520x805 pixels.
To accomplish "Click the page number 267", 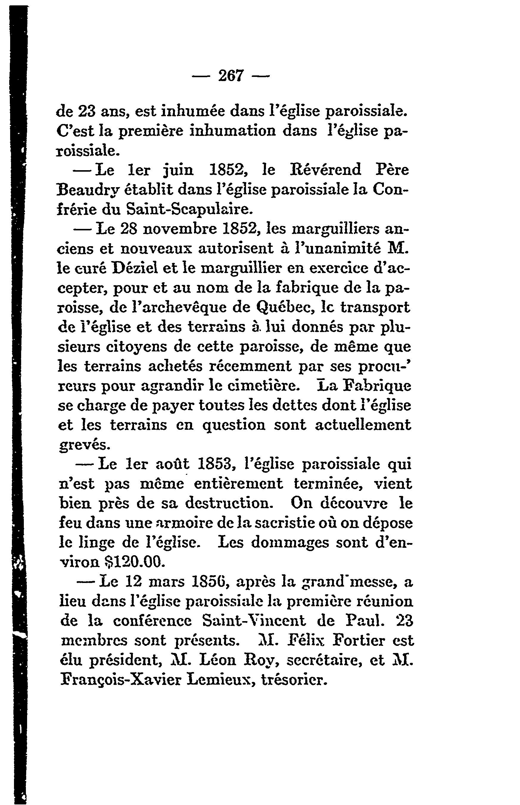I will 231,75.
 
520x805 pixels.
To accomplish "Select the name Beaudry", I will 88,190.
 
